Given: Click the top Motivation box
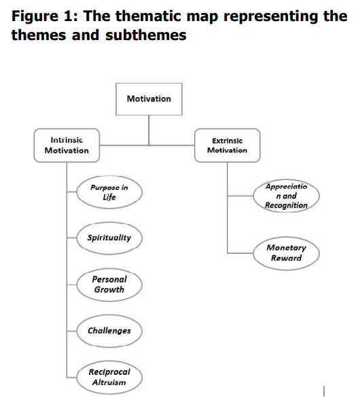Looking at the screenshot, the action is click(149, 99).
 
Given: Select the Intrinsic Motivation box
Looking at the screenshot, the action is click(67, 145).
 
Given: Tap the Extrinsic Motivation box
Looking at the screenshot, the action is click(228, 145).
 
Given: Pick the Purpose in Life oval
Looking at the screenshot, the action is click(109, 192).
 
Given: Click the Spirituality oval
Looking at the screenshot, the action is click(109, 238).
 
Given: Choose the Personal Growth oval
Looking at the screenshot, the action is click(109, 285).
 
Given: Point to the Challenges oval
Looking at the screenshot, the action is click(109, 331).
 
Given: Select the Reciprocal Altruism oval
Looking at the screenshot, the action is click(109, 378).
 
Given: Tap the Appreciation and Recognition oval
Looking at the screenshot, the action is click(286, 196).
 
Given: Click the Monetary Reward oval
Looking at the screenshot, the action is click(286, 253).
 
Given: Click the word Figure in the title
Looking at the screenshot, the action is click(35, 17).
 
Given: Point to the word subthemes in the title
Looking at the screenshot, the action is click(146, 35).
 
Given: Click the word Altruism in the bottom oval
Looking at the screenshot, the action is click(109, 382).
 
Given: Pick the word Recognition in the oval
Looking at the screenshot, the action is click(286, 205).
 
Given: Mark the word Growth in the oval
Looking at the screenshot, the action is click(109, 289).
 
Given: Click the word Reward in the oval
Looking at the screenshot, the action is click(286, 258).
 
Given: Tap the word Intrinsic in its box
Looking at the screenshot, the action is click(67, 140).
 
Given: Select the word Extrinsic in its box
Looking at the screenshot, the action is click(228, 141).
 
